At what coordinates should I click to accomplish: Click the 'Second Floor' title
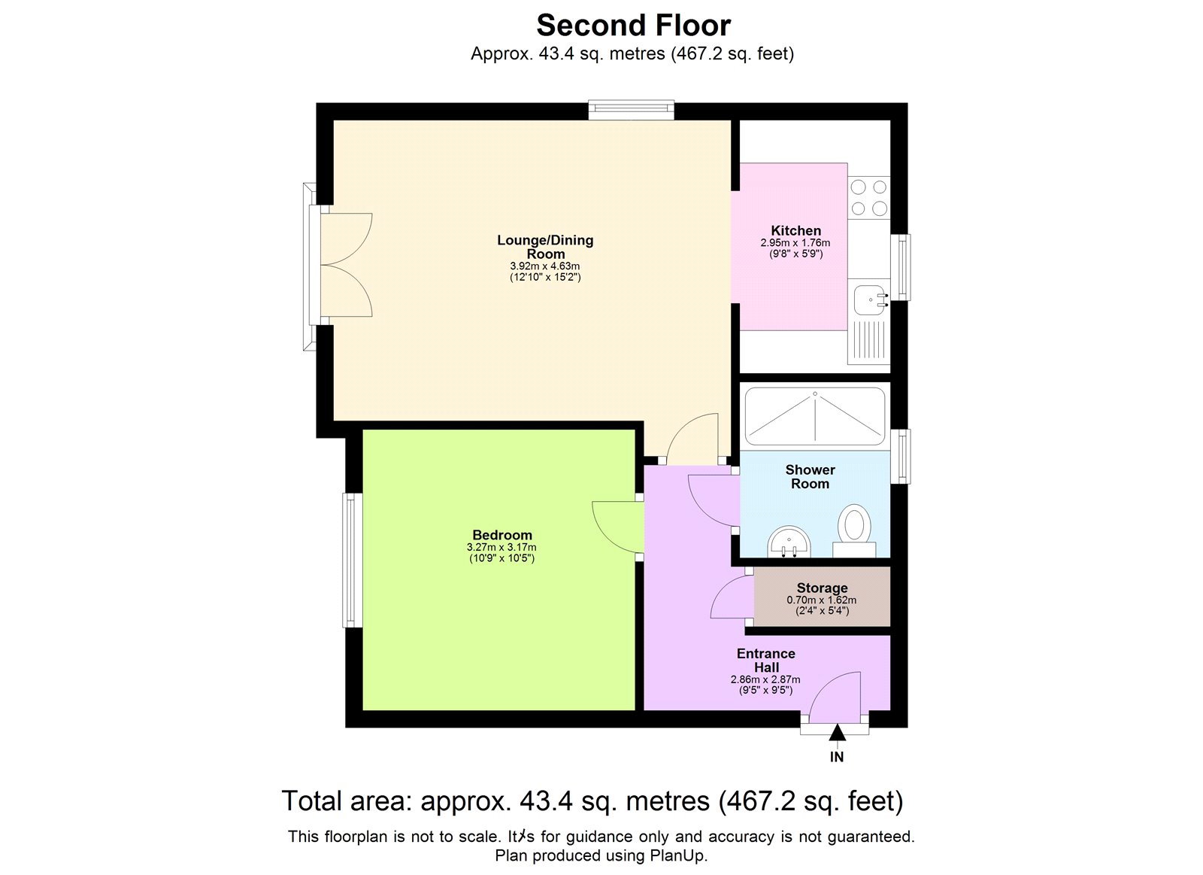point(633,26)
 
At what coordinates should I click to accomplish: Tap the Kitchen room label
point(795,231)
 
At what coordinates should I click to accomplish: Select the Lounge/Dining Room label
point(545,247)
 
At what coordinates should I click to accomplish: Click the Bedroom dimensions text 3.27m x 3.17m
point(502,548)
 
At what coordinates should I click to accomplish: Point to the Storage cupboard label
point(822,588)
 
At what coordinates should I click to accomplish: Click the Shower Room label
point(810,477)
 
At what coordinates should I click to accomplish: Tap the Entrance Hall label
point(765,661)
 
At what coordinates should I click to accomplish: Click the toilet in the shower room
point(854,527)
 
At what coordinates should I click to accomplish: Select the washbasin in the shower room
point(789,540)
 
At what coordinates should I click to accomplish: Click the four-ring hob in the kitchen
point(869,198)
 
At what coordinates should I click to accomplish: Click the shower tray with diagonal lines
point(814,416)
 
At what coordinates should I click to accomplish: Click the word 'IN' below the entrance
point(837,758)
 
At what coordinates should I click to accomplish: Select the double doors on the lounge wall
point(347,265)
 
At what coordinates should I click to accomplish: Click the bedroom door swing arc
point(614,527)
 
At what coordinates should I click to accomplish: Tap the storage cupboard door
point(731,599)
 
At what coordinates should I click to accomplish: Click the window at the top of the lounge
point(631,111)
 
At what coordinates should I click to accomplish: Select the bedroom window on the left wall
point(352,560)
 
